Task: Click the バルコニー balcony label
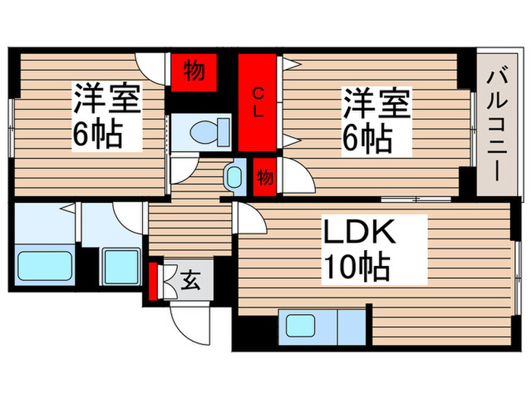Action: coord(498,122)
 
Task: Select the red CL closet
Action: coord(258,103)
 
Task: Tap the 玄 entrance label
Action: coord(189,282)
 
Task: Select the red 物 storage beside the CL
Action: coord(193,72)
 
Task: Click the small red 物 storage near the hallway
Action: coord(264,177)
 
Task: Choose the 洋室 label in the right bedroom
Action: coord(377,103)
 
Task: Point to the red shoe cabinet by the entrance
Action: coord(154,281)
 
